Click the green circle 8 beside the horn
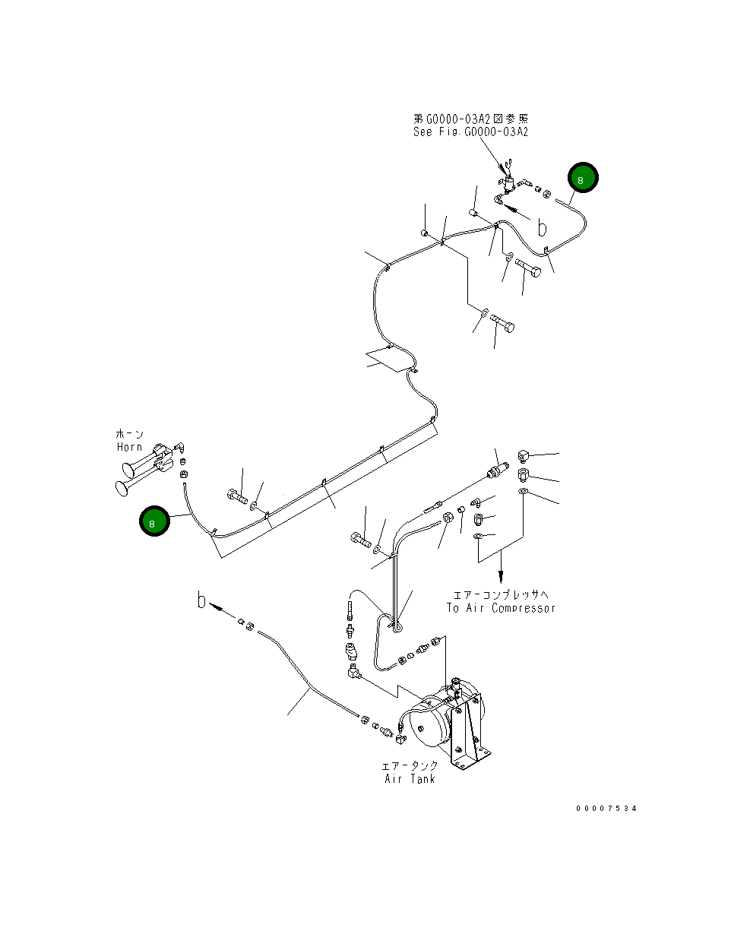[x=154, y=522]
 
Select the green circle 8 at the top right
[x=582, y=179]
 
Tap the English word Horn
[x=129, y=447]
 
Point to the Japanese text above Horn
[x=129, y=433]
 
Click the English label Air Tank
[x=410, y=778]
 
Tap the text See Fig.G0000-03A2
[x=470, y=131]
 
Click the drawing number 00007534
[x=606, y=808]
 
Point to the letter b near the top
[x=542, y=227]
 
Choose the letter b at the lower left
[x=201, y=600]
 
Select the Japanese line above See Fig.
[x=470, y=119]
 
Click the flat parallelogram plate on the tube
[x=388, y=358]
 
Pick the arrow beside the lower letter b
[x=219, y=608]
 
